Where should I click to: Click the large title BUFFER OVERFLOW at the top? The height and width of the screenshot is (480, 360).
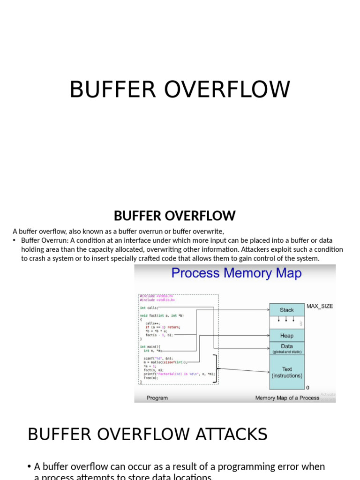coord(180,90)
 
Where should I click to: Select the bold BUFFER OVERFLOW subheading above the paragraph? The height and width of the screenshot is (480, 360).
coord(174,216)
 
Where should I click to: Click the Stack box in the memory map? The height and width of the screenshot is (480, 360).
coord(286,310)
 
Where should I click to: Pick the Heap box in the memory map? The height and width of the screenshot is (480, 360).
coord(286,336)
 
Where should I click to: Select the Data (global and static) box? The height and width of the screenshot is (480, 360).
coord(286,348)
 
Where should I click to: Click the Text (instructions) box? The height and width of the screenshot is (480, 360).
coord(286,372)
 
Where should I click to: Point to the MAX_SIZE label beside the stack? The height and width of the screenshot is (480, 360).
coord(320,306)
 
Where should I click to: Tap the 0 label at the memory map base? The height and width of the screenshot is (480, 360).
coord(307,388)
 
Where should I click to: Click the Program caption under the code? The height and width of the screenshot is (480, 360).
coord(157,398)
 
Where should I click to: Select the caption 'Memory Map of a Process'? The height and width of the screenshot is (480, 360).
coord(287,398)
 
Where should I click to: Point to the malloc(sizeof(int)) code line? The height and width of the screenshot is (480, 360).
coord(165,362)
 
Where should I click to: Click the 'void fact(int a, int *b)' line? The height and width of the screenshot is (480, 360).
coord(162,315)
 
